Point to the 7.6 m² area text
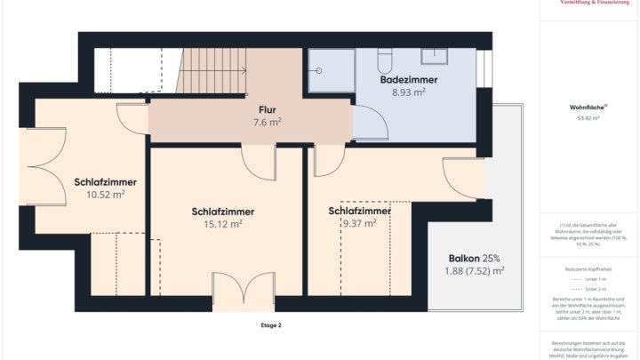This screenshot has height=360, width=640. (x=267, y=122)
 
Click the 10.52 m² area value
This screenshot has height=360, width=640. (x=105, y=194)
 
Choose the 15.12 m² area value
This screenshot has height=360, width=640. (x=223, y=224)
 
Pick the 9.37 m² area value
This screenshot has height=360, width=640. (x=359, y=224)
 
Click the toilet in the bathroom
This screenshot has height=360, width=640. (x=385, y=60)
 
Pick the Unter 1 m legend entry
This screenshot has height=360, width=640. (x=590, y=279)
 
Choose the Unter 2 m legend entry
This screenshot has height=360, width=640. (x=590, y=290)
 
